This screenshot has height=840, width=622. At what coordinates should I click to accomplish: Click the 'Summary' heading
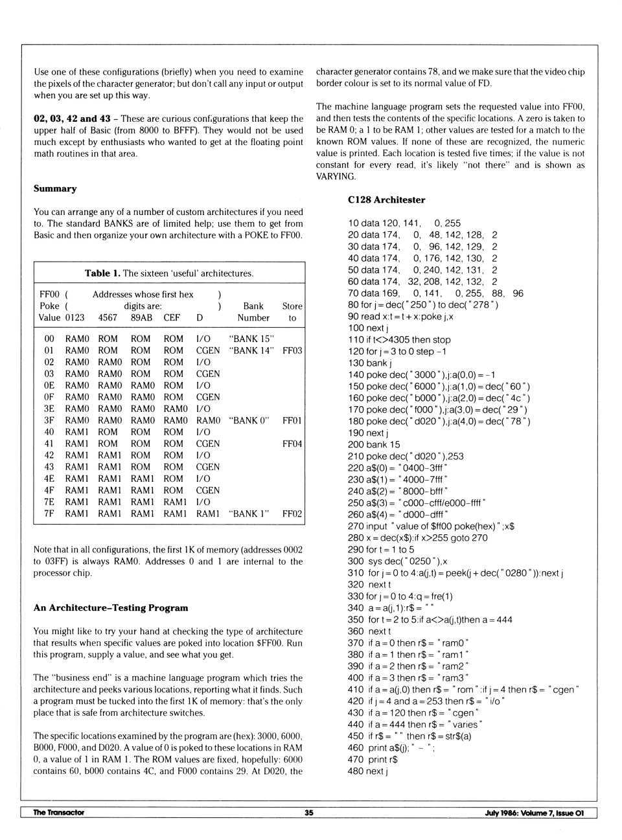coord(55,188)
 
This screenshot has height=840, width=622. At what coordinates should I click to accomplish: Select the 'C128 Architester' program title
coord(386,200)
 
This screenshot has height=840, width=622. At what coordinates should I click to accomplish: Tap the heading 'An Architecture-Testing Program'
coord(111,608)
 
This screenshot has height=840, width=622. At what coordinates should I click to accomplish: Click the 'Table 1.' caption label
coord(102,273)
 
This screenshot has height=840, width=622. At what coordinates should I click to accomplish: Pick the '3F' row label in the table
coord(49,420)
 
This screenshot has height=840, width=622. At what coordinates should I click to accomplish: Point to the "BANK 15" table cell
coord(251,339)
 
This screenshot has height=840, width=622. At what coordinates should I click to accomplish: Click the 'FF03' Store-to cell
coord(292,350)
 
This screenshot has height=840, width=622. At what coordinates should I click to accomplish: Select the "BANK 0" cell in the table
coord(249,420)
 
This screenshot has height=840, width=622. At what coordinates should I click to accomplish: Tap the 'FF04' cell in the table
coord(292,444)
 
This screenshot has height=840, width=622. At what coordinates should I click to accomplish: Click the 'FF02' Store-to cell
coord(292,514)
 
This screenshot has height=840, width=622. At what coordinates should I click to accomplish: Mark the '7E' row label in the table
coord(49,502)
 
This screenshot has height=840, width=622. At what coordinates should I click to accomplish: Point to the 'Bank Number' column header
coord(253,312)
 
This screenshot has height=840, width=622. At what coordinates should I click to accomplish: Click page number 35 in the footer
coord(309,813)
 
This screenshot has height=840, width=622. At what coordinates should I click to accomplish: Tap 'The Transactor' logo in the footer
coord(58,813)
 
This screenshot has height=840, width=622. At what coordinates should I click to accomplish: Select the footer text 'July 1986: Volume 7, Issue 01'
coord(534,813)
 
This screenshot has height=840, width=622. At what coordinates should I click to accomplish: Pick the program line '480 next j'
coord(367,771)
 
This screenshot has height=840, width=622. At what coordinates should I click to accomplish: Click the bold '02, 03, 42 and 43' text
coord(72,119)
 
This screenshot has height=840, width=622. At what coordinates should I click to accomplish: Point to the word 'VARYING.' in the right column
coord(336,177)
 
